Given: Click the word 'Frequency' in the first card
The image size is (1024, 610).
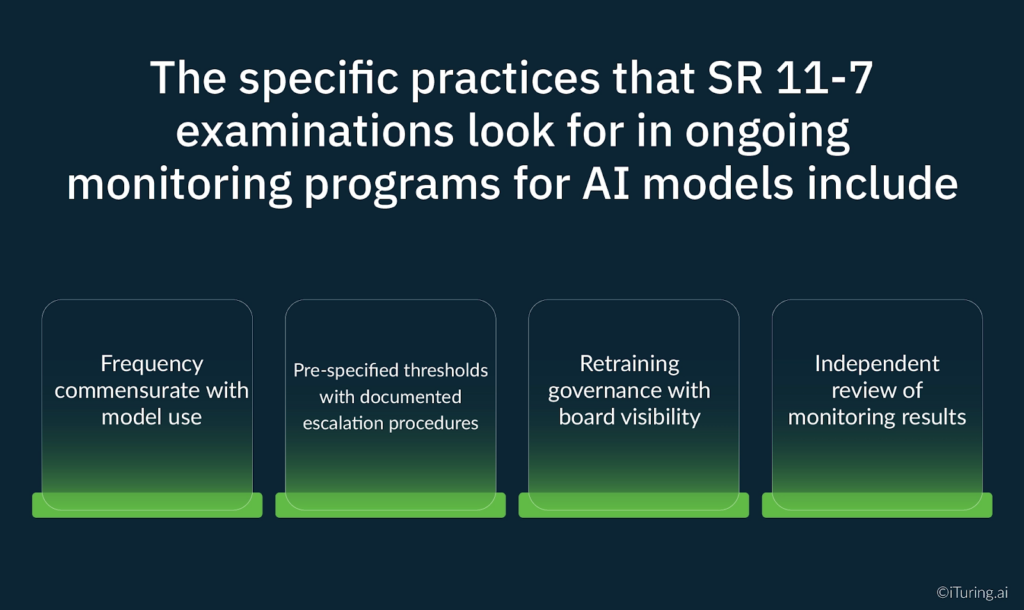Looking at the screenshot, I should [152, 364].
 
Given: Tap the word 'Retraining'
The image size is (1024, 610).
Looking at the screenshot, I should [629, 364].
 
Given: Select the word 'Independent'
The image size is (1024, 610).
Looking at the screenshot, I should [877, 364].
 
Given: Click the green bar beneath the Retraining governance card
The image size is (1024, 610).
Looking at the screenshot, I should [634, 505].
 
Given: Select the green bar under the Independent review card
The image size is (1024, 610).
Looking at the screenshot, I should [877, 505].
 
